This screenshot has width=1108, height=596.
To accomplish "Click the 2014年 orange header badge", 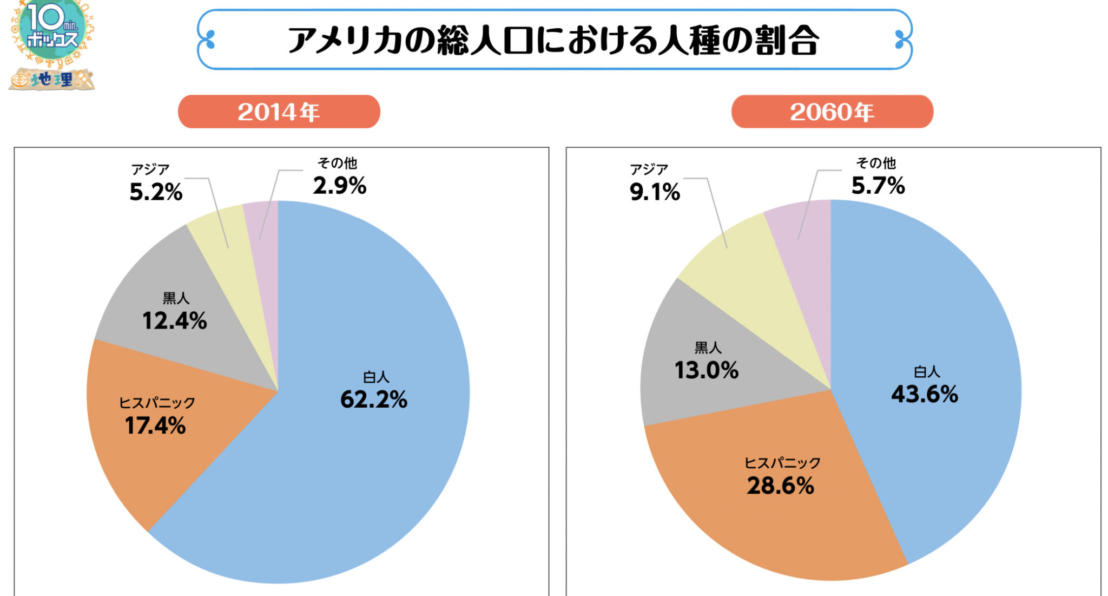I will pyautogui.click(x=279, y=112).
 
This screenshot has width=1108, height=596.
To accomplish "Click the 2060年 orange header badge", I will pyautogui.click(x=832, y=112).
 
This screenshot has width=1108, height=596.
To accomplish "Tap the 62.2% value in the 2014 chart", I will pyautogui.click(x=373, y=399).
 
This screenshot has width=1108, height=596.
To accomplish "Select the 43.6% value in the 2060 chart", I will pyautogui.click(x=924, y=394).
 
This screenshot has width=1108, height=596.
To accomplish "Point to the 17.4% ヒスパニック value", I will pyautogui.click(x=155, y=425).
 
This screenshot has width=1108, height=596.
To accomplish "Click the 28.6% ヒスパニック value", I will pyautogui.click(x=780, y=486).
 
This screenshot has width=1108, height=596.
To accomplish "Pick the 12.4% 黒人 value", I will pyautogui.click(x=174, y=321).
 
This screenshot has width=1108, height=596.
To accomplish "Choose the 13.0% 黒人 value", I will pyautogui.click(x=706, y=370).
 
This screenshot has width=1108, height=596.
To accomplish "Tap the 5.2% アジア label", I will pyautogui.click(x=156, y=192).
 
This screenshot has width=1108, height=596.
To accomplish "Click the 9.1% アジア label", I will pyautogui.click(x=655, y=192).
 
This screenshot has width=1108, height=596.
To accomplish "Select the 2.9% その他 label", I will pyautogui.click(x=339, y=186).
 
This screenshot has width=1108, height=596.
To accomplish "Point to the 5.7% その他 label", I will pyautogui.click(x=878, y=186).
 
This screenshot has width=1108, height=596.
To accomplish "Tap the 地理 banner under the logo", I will pyautogui.click(x=51, y=80).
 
